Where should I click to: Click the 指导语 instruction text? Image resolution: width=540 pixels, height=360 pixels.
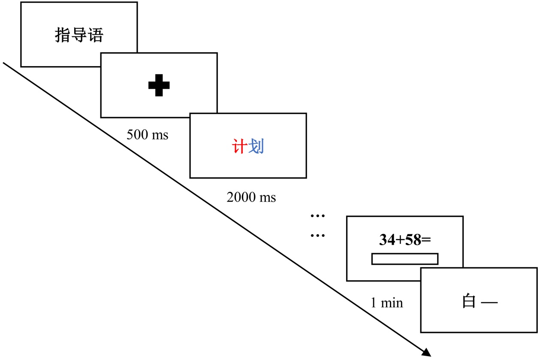[x=79, y=35]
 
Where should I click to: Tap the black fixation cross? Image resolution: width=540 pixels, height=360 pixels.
[x=159, y=85]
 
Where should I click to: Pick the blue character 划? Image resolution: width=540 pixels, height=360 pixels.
[x=256, y=147]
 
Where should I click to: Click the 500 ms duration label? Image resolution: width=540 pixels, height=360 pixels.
[x=148, y=134]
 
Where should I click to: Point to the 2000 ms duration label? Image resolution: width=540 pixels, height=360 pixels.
[x=251, y=197]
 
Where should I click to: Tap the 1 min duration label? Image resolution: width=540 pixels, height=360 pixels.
[x=386, y=303]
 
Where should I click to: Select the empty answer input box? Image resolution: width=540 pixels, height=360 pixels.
[x=404, y=259]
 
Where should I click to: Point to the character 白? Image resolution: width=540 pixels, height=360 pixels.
[x=469, y=302]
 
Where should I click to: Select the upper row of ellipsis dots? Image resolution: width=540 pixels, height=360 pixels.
[x=318, y=215]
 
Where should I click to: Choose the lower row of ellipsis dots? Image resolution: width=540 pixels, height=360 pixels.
[x=318, y=236]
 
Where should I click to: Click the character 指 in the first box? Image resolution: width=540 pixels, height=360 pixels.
[x=63, y=35]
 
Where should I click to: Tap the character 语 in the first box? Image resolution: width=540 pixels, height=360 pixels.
[x=95, y=35]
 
